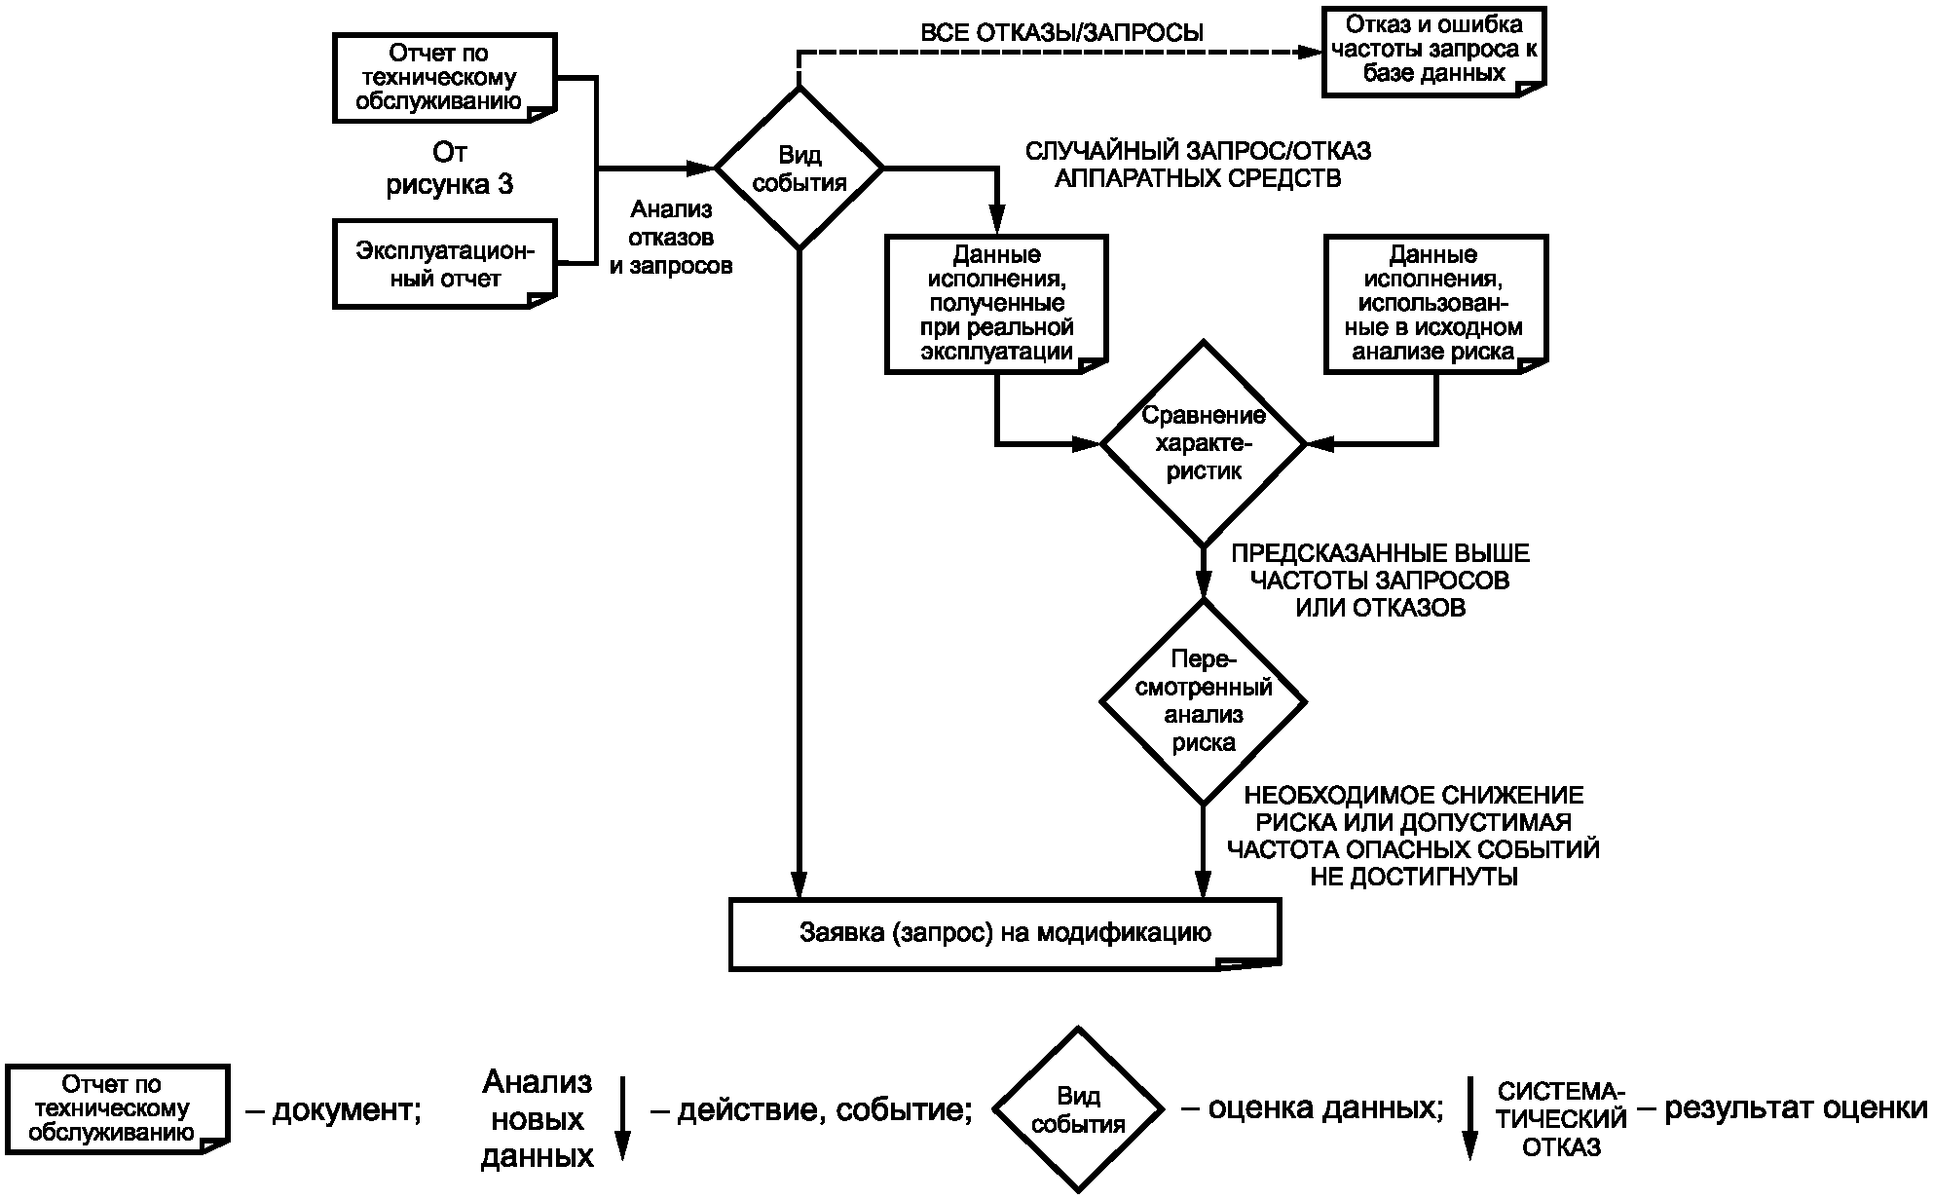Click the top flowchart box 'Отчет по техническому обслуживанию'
point(445,78)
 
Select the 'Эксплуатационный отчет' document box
point(445,265)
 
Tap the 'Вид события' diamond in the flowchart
point(799,169)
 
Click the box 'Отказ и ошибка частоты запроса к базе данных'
point(1433,51)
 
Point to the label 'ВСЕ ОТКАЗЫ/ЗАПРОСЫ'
point(1062,32)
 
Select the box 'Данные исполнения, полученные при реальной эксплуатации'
point(996,304)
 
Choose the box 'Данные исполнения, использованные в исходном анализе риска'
point(1435,304)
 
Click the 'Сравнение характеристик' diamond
point(1204,443)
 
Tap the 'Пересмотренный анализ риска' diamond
point(1204,701)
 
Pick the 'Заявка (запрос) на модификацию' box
point(1005,934)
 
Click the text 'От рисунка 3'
point(450,169)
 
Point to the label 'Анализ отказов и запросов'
point(671,237)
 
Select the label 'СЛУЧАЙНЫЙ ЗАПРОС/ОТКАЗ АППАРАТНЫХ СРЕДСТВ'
point(1198,165)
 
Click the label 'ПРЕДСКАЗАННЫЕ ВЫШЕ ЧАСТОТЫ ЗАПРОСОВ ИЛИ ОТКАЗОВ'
point(1380,581)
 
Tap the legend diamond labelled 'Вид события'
point(1078,1109)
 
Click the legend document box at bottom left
point(117,1109)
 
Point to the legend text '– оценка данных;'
point(1312,1108)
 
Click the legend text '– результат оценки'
point(1782,1108)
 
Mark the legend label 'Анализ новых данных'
point(538,1119)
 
